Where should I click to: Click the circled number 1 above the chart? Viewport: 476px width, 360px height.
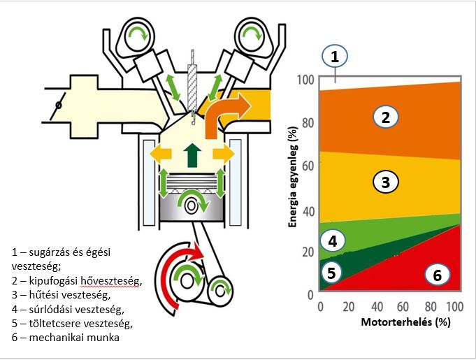pos(335,57)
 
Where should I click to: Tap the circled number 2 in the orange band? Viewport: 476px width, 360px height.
pos(384,116)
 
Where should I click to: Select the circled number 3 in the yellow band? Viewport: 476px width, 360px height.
pos(384,182)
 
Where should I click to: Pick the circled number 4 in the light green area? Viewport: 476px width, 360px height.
pos(333,240)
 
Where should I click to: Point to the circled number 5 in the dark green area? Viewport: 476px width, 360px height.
pos(333,273)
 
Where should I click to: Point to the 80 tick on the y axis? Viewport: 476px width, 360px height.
pos(307,122)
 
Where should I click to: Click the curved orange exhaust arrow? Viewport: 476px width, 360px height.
pos(225,111)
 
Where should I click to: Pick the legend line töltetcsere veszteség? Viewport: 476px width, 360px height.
pos(73,324)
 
